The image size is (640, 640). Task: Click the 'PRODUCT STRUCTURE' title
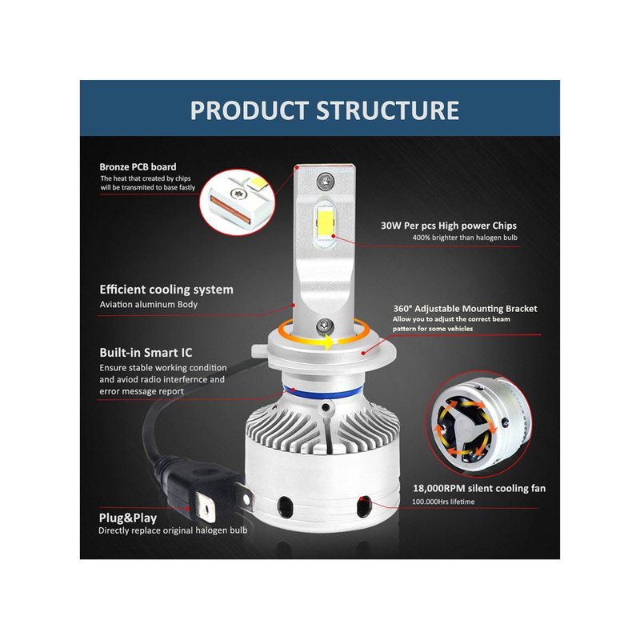[325, 110]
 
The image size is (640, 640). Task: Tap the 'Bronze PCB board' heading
[138, 167]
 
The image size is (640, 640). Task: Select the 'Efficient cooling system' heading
[166, 290]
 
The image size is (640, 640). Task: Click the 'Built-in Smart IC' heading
[146, 352]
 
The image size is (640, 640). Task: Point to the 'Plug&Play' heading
[128, 518]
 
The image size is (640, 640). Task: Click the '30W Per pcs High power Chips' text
[449, 226]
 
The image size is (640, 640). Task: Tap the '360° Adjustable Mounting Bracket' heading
[465, 309]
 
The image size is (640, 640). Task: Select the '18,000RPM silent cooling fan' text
[479, 488]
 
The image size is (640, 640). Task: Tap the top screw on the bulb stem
[326, 180]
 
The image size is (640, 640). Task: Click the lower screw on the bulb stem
[325, 326]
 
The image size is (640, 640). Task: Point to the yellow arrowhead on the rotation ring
[328, 342]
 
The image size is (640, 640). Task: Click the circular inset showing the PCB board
[238, 202]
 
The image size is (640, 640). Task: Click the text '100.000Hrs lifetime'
[443, 502]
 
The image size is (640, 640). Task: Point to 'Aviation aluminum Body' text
[149, 305]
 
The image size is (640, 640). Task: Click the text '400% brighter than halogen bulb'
[465, 238]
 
